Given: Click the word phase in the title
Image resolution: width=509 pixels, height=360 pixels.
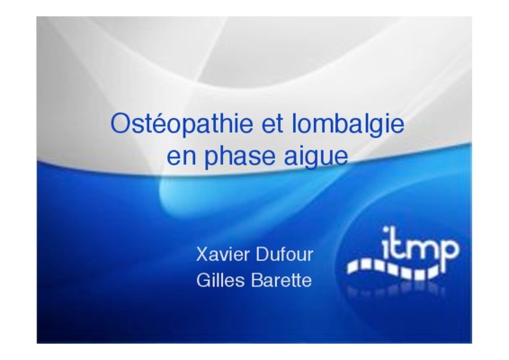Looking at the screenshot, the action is pos(239,157).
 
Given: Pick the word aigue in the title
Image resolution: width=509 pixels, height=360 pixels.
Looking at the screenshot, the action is pos(316,157).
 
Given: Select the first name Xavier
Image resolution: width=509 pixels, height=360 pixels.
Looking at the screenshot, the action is pos(222,255).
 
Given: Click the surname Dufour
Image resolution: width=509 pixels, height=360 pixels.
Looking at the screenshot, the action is pos(284,255).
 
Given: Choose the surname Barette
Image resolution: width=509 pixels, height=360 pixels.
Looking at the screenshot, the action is pos(281,281).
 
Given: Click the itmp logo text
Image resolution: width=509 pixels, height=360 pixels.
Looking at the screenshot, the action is pos(420,248).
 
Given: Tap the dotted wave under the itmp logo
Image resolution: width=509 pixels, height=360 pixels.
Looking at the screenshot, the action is pos(395,269).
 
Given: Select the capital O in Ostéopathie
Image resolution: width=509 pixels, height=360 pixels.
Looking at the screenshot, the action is pos(121,123).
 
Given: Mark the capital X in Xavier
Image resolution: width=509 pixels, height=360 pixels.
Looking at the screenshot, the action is pos(202,255).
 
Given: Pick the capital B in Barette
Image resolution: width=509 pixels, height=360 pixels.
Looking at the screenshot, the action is pos(257,281).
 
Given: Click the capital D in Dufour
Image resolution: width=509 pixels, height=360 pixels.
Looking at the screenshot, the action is pos(263,255).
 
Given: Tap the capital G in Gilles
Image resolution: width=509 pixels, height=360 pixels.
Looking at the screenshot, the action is pos(203,281).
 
